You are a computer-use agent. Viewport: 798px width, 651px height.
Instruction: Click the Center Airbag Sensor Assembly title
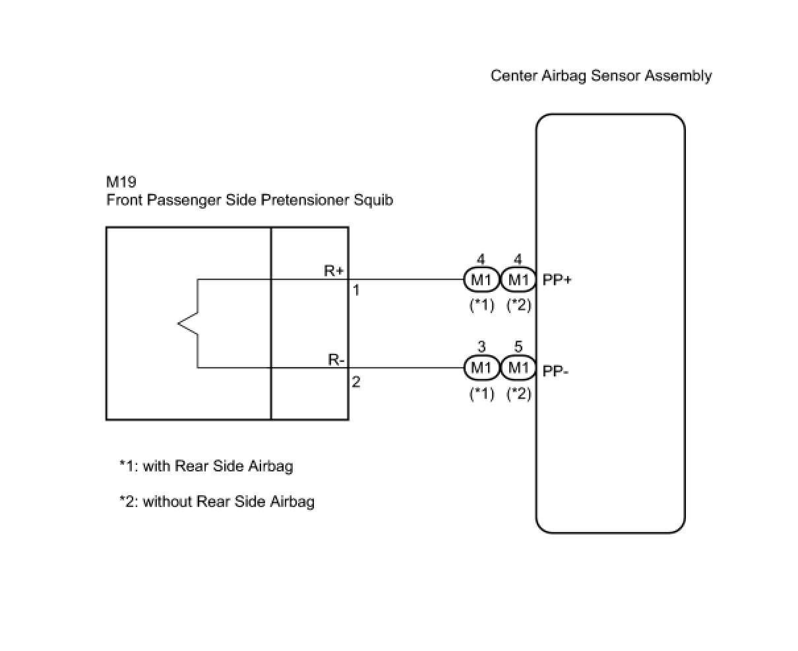(x=601, y=76)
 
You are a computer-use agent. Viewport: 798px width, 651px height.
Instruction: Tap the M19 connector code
(x=121, y=182)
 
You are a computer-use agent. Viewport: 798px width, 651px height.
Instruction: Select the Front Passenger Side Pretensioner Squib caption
(x=249, y=200)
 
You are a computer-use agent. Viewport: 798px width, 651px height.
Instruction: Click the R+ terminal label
(x=334, y=271)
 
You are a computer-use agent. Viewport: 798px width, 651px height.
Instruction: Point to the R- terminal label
(x=336, y=360)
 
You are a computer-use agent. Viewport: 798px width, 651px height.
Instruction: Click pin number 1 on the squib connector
(x=355, y=290)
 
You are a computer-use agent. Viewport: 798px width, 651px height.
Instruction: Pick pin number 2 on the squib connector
(x=355, y=382)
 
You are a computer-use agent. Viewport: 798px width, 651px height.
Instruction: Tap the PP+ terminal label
(x=557, y=281)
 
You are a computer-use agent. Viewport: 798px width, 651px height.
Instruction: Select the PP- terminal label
(x=555, y=370)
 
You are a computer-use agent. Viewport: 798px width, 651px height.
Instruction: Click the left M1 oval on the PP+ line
(x=481, y=281)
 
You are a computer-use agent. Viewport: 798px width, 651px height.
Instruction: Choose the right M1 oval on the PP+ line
(x=518, y=281)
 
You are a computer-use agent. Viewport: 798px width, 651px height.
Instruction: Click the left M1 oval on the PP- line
(x=481, y=368)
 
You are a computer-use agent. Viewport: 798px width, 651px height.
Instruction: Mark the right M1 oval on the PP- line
(x=518, y=368)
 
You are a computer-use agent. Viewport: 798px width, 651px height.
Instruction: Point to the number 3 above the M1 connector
(x=481, y=347)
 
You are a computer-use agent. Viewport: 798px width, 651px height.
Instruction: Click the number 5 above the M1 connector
(x=518, y=347)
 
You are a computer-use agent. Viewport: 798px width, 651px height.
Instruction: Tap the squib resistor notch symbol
(x=189, y=324)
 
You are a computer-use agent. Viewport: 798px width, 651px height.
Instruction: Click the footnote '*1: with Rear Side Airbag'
(x=206, y=466)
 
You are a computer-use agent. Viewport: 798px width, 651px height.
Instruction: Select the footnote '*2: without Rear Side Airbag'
(x=216, y=502)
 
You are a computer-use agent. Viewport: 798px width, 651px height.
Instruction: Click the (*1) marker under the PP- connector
(x=481, y=394)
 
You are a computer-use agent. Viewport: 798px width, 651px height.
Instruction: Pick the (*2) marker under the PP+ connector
(x=518, y=305)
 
